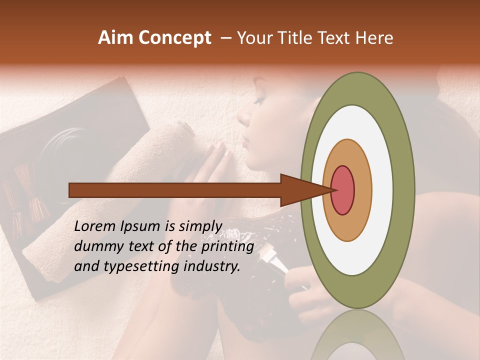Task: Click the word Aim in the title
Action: pos(115,38)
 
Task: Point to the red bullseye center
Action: pos(342,189)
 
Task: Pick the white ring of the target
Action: pos(357,255)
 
